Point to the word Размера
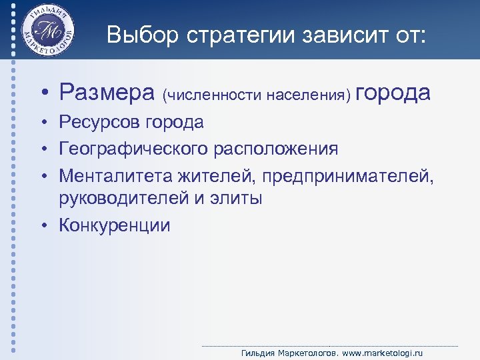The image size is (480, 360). click(106, 93)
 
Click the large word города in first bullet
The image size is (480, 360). click(394, 93)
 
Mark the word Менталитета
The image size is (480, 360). click(115, 175)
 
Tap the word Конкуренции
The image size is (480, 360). click(115, 225)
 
